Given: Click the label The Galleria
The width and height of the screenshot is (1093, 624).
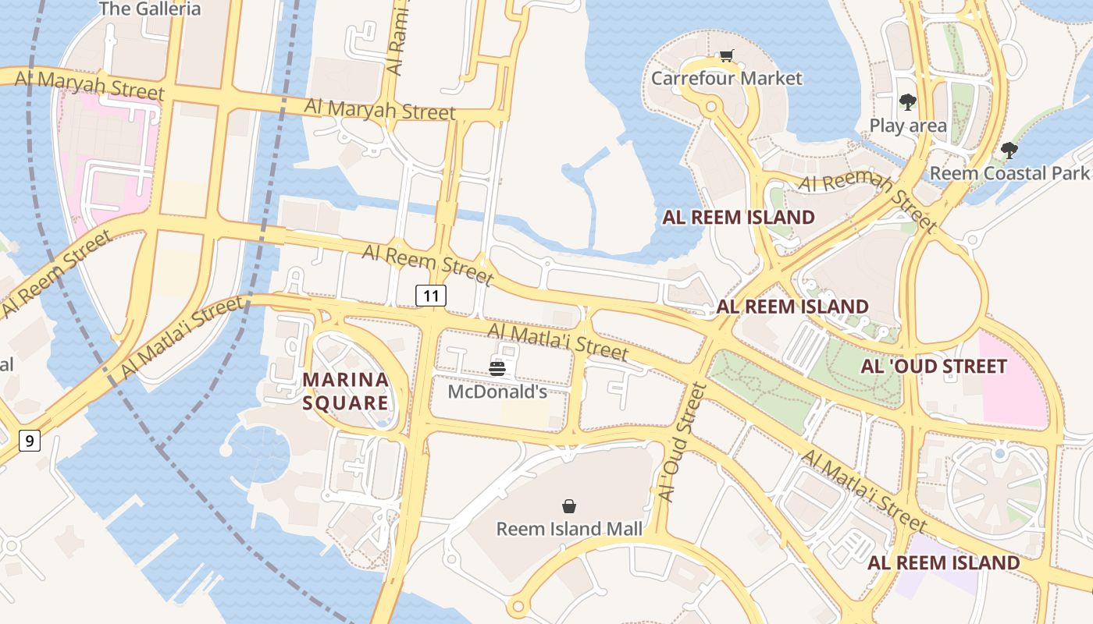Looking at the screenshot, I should [x=151, y=9].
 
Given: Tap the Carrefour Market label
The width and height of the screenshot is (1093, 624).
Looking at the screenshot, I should [x=726, y=78].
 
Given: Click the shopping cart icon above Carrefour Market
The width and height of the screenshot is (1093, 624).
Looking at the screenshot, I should [x=727, y=55].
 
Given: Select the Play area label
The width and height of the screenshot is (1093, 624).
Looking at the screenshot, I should [x=908, y=125].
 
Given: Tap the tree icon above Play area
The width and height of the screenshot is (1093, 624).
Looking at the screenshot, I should [x=907, y=101].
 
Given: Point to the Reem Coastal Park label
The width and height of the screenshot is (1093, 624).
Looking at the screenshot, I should [x=1009, y=172].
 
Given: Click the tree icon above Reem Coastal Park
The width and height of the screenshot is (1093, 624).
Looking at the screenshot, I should [x=1009, y=150].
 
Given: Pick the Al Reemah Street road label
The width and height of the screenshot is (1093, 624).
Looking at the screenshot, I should [x=867, y=200].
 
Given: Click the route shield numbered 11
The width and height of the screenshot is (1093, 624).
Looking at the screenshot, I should [x=431, y=295].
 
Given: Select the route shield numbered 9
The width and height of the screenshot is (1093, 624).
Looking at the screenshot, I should [x=29, y=441].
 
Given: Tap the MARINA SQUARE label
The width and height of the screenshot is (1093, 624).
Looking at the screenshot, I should [x=346, y=392].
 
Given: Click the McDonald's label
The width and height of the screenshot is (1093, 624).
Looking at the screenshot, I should [x=497, y=392].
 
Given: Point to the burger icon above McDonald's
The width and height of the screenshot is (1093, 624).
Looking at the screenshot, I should [x=497, y=368].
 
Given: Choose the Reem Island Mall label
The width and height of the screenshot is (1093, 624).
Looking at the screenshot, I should [x=569, y=529].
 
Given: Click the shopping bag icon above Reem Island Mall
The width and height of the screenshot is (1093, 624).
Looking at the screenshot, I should [x=569, y=506].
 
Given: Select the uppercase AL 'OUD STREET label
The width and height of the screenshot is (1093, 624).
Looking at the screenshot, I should [x=934, y=366].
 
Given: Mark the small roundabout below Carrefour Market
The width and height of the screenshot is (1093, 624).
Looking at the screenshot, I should [x=710, y=107].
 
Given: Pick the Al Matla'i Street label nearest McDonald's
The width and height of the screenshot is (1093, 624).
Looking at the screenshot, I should [x=557, y=342].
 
